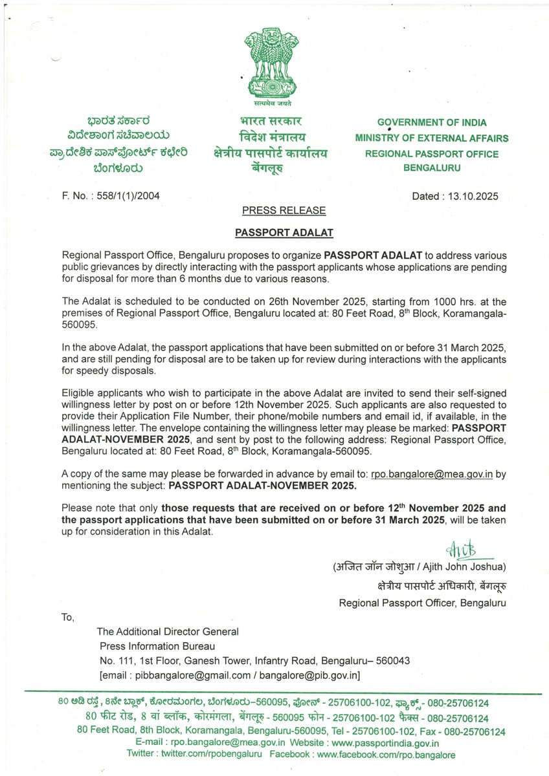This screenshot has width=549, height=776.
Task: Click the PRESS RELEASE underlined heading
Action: click(x=284, y=210)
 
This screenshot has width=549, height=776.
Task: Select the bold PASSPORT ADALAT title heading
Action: click(x=284, y=231)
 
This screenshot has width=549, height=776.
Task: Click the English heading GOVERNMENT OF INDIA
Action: click(x=432, y=122)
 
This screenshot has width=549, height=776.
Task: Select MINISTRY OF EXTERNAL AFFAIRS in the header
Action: click(x=432, y=138)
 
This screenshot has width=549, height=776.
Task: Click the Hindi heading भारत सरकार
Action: click(x=271, y=121)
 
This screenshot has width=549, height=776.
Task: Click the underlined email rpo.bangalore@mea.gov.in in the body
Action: click(x=432, y=473)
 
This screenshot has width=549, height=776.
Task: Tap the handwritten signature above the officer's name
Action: click(x=461, y=550)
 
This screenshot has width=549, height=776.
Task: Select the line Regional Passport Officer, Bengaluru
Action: click(x=423, y=603)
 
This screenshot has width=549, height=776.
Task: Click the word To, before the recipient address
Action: click(x=68, y=617)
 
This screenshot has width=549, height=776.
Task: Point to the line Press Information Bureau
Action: click(x=157, y=645)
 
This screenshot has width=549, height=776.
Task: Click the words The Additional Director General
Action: click(x=168, y=631)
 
